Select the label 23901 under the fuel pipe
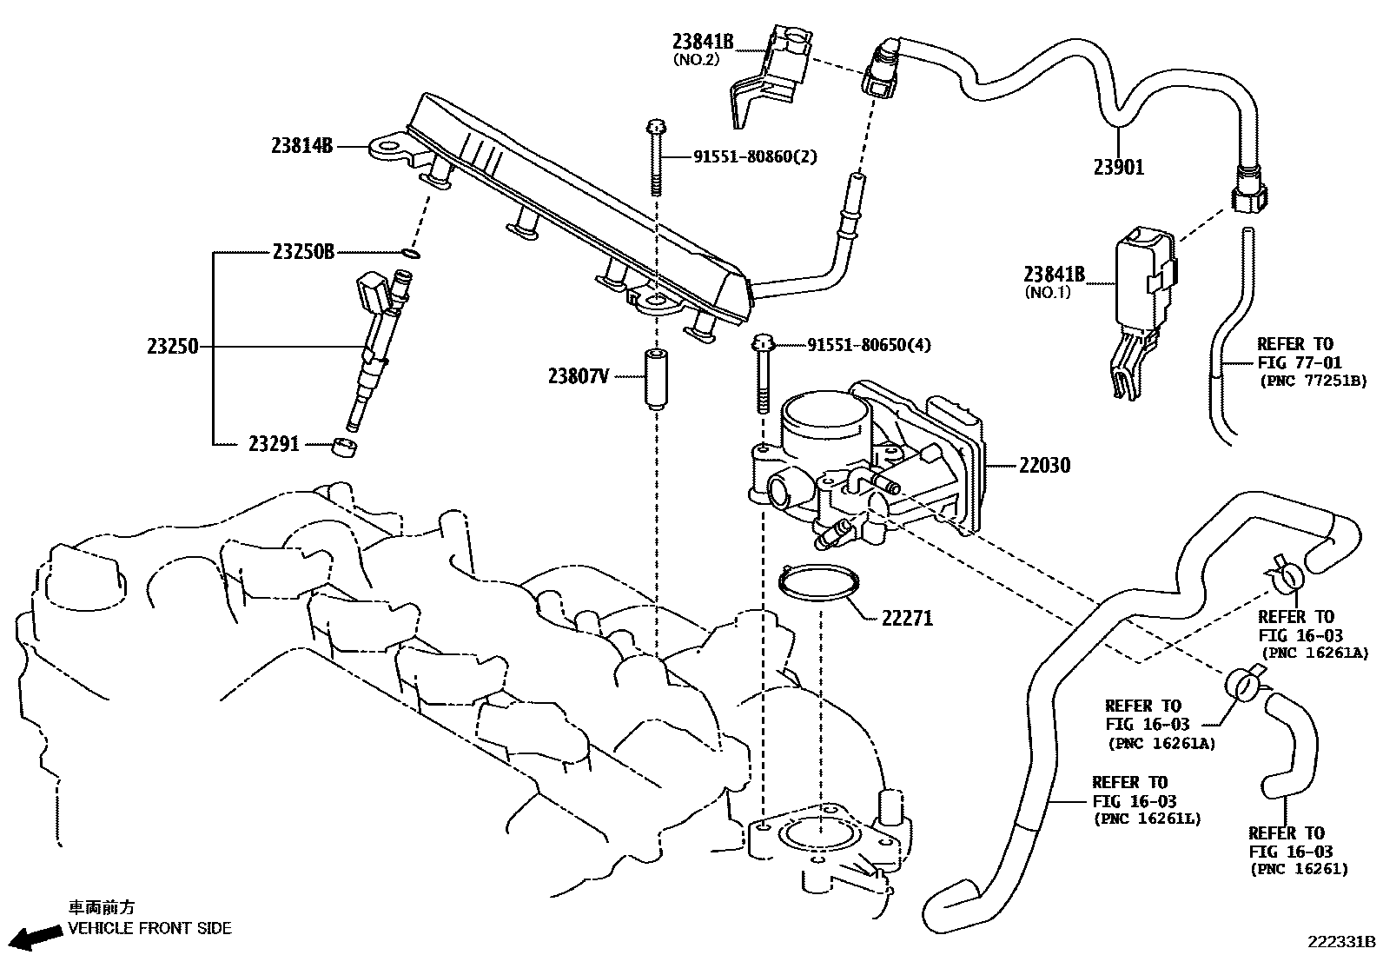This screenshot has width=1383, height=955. click(x=1118, y=168)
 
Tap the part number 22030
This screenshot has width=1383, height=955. click(x=1044, y=466)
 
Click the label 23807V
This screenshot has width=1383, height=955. click(x=579, y=375)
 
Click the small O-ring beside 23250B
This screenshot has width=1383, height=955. click(x=412, y=254)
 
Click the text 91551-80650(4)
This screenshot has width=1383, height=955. click(x=869, y=345)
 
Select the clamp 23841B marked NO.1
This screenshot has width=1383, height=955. click(x=1142, y=304)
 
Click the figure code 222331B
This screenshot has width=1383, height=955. click(x=1342, y=942)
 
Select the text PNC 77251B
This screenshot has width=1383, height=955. click(x=1313, y=381)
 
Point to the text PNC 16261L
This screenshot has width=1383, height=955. click(x=1147, y=819)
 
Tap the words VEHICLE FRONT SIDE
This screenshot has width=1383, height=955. click(x=149, y=928)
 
